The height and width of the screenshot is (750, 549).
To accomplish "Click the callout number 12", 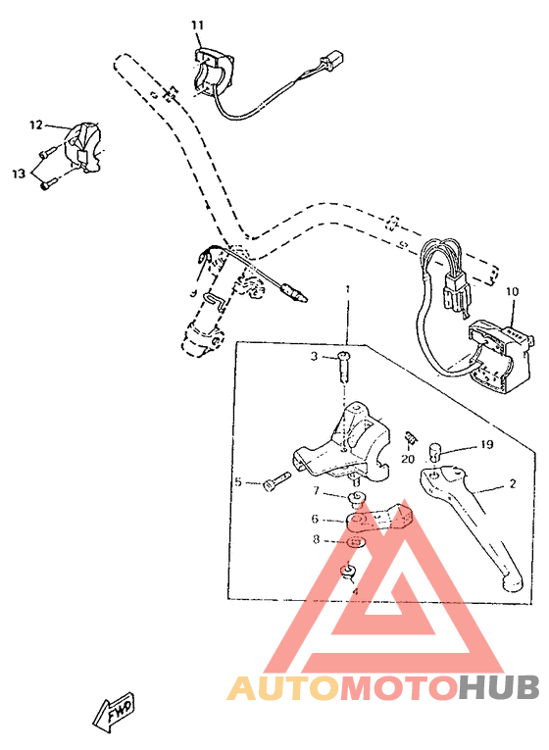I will pyautogui.click(x=36, y=125).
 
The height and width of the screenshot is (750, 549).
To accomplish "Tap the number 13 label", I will pyautogui.click(x=19, y=174).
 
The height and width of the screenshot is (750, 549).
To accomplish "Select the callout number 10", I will pyautogui.click(x=511, y=291).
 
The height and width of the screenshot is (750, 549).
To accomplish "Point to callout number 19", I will pyautogui.click(x=486, y=444).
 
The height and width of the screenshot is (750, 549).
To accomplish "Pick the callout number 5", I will pyautogui.click(x=237, y=481).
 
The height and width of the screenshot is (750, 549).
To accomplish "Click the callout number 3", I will pyautogui.click(x=316, y=357).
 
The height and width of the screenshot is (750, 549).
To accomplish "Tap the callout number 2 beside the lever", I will pyautogui.click(x=512, y=484).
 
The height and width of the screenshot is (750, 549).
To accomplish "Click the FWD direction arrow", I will pyautogui.click(x=114, y=711).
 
